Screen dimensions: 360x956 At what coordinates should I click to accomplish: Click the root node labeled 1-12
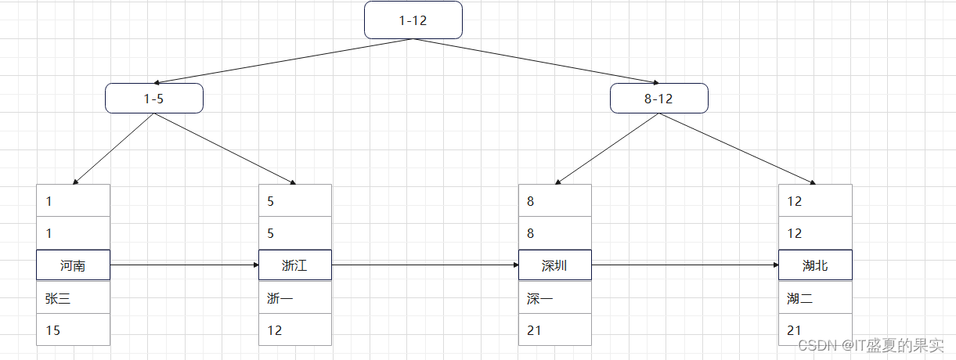click(x=413, y=20)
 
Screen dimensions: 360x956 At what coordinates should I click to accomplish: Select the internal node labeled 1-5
click(x=154, y=99)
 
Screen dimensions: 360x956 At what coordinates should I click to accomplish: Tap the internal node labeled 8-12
click(x=659, y=99)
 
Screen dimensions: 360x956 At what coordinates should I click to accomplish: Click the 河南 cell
click(x=73, y=265)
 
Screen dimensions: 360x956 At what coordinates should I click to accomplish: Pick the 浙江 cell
click(x=295, y=265)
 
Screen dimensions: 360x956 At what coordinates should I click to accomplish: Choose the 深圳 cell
click(x=554, y=265)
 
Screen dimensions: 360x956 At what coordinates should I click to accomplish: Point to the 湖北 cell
click(x=815, y=265)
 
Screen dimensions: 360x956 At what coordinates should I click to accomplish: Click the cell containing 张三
click(x=73, y=298)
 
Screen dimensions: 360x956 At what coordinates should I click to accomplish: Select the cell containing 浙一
click(x=295, y=298)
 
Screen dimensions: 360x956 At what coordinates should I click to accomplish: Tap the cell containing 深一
click(x=554, y=298)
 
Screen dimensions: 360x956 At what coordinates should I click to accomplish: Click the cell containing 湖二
click(x=815, y=298)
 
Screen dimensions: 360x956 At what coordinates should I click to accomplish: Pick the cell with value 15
click(x=73, y=330)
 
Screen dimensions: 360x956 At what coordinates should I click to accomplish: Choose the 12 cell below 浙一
click(x=295, y=330)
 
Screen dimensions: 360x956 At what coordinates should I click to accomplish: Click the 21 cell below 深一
click(x=554, y=330)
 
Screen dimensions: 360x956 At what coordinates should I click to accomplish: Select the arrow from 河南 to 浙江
click(x=184, y=265)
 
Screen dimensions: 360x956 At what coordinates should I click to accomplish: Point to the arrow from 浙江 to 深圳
click(x=425, y=265)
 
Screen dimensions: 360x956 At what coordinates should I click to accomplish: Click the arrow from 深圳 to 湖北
click(x=685, y=265)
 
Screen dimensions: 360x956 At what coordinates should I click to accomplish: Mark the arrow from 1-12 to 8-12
click(x=536, y=60)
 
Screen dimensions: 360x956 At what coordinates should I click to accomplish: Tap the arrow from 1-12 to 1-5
click(x=283, y=60)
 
